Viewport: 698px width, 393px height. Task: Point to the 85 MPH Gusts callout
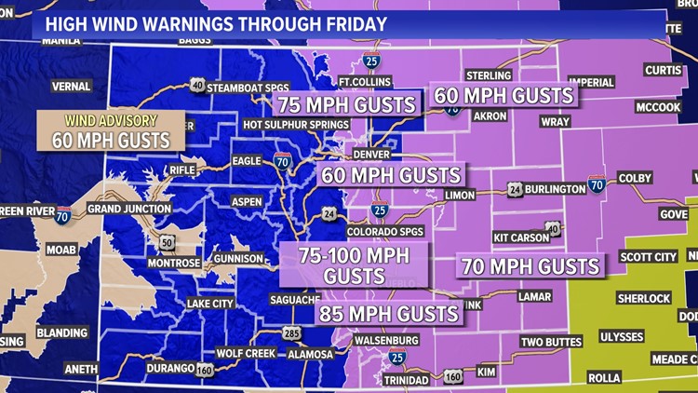click(390, 314)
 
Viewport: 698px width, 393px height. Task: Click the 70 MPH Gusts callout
click(529, 267)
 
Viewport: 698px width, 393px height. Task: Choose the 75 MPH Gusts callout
click(347, 104)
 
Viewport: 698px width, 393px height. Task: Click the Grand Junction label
click(129, 209)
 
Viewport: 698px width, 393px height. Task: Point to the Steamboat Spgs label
click(248, 87)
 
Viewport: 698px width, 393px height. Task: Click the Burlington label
click(555, 189)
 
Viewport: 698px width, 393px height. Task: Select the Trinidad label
click(406, 380)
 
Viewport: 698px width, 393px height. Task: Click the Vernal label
click(71, 87)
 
